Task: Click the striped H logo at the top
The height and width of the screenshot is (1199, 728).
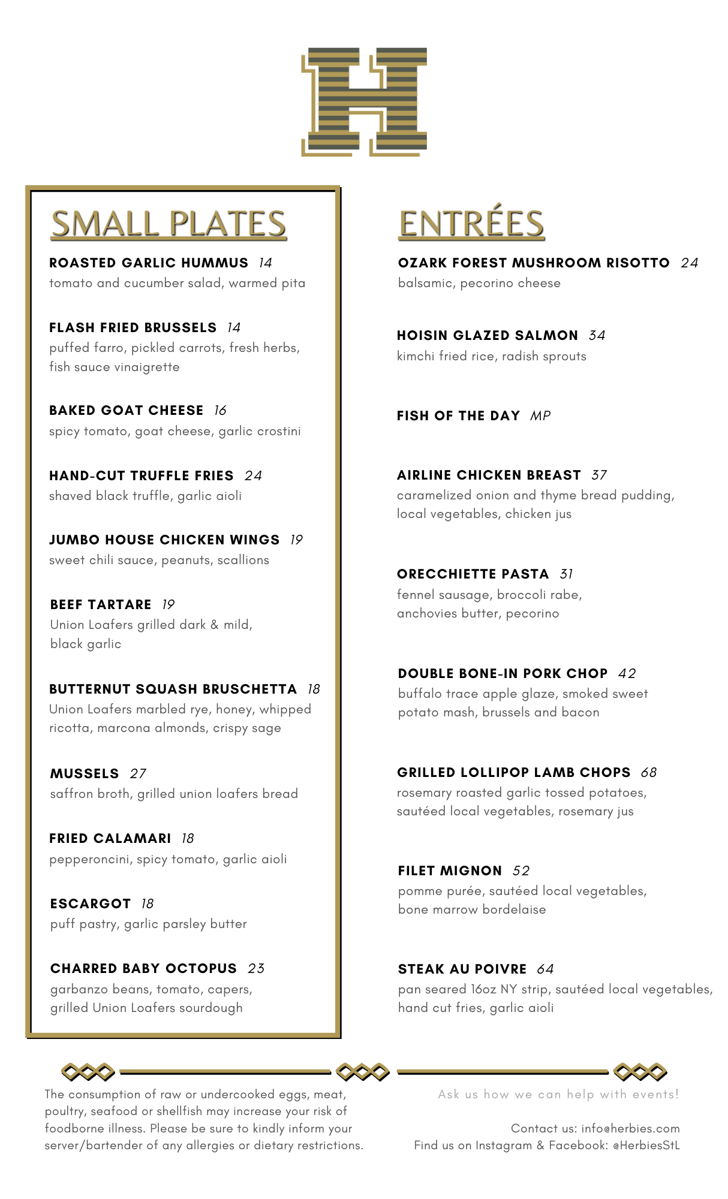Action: pos(364,101)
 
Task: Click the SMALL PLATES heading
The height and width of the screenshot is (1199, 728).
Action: pos(169,224)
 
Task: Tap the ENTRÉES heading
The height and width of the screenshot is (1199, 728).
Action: pos(471,224)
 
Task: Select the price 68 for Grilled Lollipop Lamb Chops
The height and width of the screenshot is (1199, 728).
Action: pos(649,773)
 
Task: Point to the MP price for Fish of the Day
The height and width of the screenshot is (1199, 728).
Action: pos(540,416)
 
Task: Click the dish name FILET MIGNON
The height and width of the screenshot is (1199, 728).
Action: pos(450,871)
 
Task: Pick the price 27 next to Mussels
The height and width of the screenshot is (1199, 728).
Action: pos(138,774)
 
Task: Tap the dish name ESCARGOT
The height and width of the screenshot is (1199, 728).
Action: pos(91,904)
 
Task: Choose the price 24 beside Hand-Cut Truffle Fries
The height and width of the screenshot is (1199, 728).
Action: pos(253,476)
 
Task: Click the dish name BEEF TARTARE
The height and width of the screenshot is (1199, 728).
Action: pos(101,605)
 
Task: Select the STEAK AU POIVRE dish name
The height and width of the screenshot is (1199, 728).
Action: pos(462,969)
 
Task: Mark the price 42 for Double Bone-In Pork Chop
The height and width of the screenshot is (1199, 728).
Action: pos(627,674)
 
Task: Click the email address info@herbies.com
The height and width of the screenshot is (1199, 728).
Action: pos(630,1129)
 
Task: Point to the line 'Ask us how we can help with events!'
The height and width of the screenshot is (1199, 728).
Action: pos(558,1095)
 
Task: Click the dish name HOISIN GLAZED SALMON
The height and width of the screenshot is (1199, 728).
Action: pos(488,336)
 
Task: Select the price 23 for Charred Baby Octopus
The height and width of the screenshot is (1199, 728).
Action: pos(256,969)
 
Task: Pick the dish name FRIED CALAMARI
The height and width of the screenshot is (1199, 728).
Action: pos(110,839)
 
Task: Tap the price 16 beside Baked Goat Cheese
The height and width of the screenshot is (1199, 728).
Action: pos(220,411)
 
